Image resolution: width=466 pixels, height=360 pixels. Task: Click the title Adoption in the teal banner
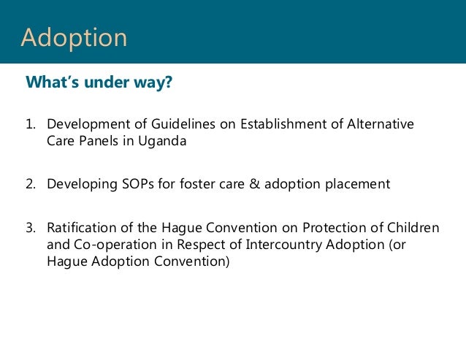point(74,38)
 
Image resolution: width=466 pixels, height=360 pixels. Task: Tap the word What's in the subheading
point(53,82)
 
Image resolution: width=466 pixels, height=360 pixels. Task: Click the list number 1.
point(31,124)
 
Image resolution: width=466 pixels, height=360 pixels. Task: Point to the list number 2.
point(31,184)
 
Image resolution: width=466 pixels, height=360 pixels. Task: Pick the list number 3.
point(31,228)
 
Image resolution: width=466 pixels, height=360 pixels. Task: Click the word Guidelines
point(183,124)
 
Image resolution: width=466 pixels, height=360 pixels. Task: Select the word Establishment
point(283,124)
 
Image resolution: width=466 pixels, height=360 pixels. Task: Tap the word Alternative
point(381,124)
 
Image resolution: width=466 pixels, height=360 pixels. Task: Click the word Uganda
point(162,142)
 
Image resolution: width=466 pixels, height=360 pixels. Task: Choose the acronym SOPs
point(138,184)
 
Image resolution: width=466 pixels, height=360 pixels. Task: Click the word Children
point(413,228)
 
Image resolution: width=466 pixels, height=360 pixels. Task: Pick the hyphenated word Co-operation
point(115,245)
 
